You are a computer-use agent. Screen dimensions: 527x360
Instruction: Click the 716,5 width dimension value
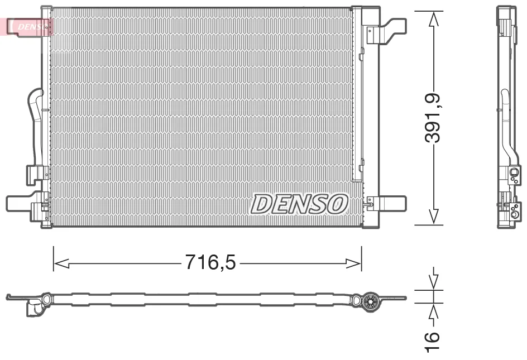coord(210,262)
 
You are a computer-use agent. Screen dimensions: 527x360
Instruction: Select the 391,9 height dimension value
coord(433,118)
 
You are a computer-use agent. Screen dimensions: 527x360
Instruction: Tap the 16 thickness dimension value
coord(433,342)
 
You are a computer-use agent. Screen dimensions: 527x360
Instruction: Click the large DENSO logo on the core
coord(299,204)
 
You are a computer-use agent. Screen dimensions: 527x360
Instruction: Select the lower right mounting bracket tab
coord(386,203)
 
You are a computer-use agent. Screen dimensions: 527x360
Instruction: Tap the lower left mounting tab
coord(21,203)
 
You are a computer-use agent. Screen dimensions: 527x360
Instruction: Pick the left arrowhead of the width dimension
coord(61,263)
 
